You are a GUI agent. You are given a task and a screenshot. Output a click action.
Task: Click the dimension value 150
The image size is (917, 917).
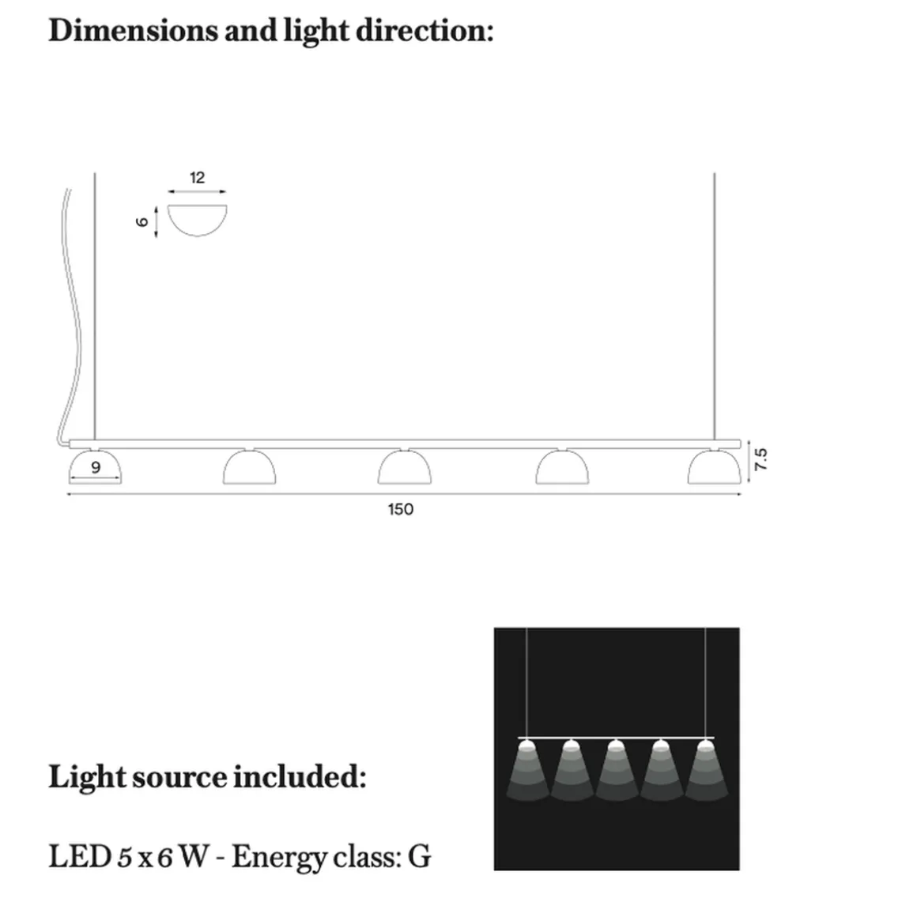[401, 509]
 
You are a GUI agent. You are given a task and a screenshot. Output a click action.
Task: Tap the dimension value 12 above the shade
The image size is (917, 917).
[197, 178]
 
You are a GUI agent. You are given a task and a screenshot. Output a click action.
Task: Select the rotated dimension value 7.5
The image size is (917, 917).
[760, 459]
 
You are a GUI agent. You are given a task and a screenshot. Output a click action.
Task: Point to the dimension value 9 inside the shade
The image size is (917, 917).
[96, 467]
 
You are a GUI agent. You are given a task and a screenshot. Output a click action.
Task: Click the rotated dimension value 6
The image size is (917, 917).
[142, 221]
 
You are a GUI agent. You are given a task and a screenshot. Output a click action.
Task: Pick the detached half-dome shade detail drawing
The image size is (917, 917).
[197, 221]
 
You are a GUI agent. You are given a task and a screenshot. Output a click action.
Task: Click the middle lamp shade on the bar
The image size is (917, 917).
[405, 466]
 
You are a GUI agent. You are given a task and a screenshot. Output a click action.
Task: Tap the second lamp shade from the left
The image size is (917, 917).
[250, 466]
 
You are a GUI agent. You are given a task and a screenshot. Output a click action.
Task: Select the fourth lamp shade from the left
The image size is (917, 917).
[562, 466]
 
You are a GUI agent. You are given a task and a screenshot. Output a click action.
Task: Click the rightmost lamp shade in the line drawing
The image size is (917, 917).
[715, 466]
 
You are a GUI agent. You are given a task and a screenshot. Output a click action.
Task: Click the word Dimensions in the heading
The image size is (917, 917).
[133, 30]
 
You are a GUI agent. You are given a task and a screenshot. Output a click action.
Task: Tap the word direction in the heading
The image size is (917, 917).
[425, 30]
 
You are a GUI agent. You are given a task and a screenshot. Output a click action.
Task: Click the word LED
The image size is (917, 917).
[80, 857]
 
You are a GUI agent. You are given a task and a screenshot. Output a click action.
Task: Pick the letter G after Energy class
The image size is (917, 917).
[419, 857]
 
